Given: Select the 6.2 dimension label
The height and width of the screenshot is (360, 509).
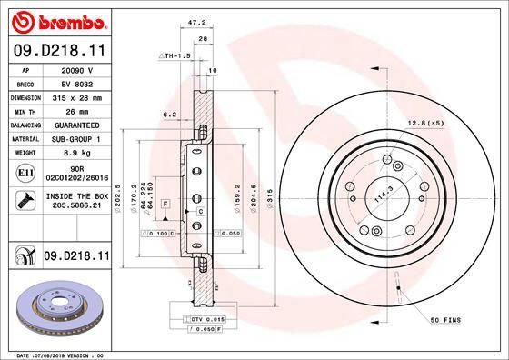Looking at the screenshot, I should pos(168,115).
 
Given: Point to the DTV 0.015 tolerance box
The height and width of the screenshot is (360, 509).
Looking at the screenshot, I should pos(206,320).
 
